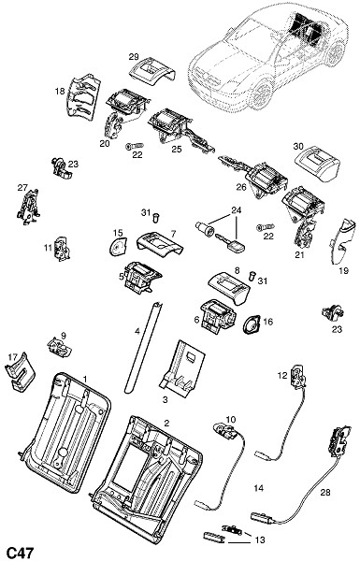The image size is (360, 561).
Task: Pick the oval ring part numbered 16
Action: [252, 324]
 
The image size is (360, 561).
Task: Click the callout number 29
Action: [134, 56]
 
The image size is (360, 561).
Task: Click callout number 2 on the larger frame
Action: [166, 423]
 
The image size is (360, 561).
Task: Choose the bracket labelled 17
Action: [21, 372]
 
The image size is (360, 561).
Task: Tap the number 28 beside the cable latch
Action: [325, 493]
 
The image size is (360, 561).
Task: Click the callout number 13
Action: [260, 539]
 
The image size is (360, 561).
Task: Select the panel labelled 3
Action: [182, 368]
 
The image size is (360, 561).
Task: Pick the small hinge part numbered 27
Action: [28, 207]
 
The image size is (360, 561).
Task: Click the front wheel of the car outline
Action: [261, 94]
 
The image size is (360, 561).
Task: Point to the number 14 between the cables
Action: [258, 488]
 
